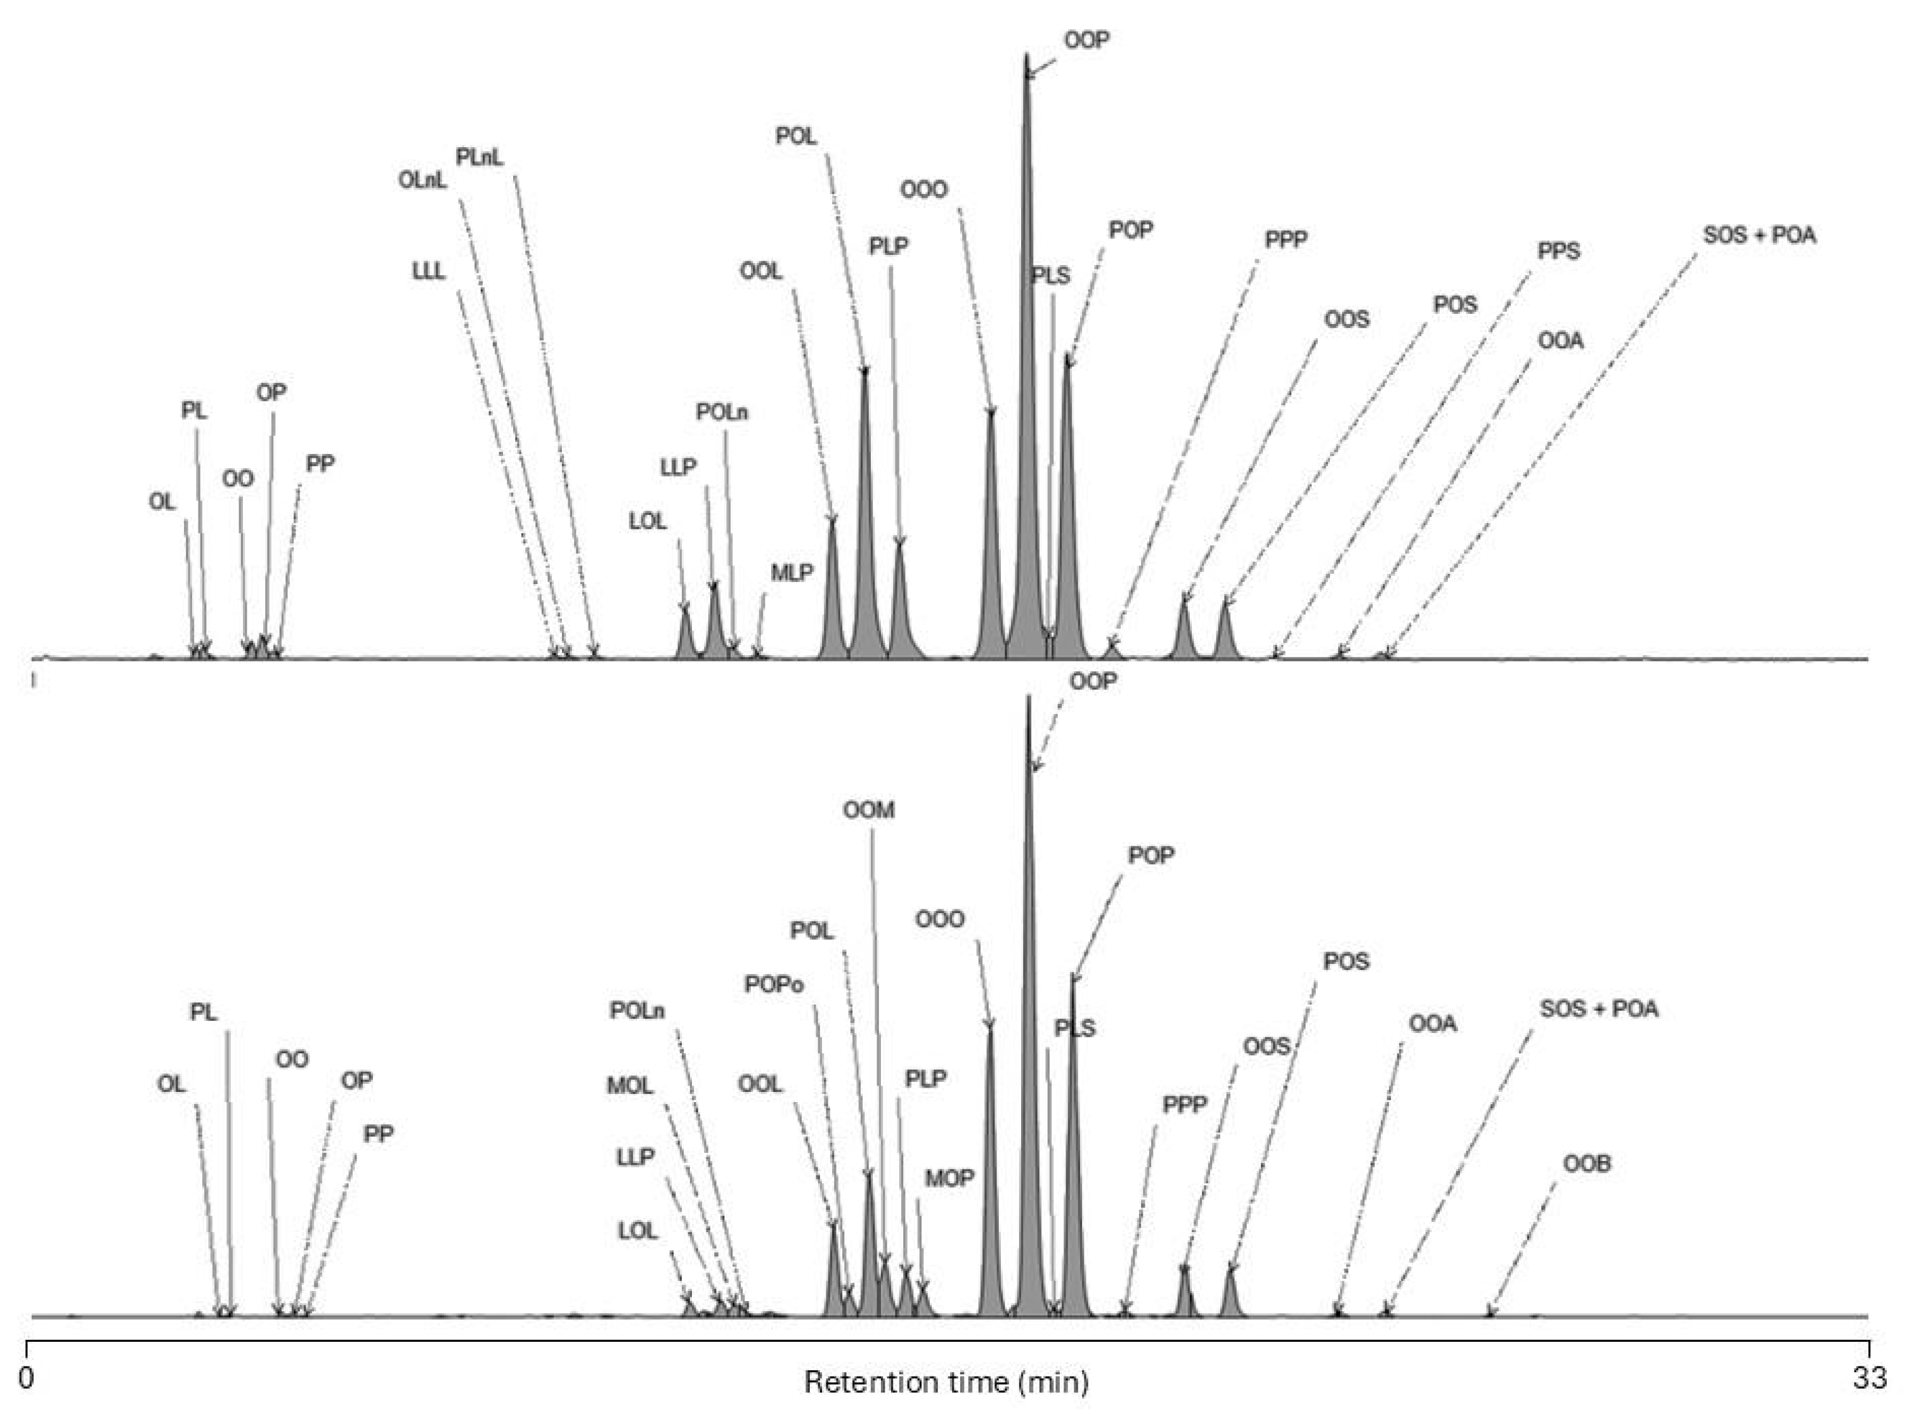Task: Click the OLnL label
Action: [x=422, y=181]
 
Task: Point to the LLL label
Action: [x=428, y=271]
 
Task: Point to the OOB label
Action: [x=1587, y=1164]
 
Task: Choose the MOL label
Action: [x=630, y=1086]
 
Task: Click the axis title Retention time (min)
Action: [x=946, y=1382]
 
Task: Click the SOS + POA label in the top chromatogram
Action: [x=1759, y=235]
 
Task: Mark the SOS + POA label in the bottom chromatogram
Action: [x=1599, y=1009]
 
